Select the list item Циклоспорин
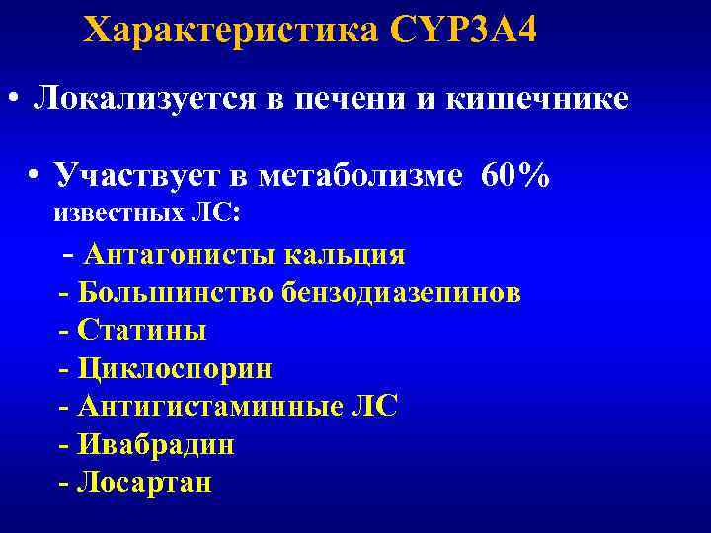point(174,369)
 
